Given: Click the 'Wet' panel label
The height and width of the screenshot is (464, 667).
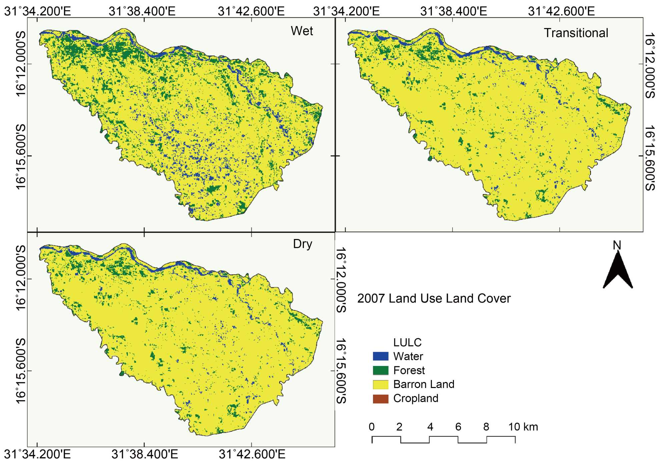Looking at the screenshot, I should point(302,31).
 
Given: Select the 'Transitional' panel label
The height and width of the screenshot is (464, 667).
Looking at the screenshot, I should point(576,33).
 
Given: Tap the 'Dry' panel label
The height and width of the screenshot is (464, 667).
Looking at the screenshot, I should point(302,244).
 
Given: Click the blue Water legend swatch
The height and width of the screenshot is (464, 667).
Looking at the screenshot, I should point(381,356).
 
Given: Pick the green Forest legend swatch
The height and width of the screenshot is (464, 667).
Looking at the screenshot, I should point(381,370).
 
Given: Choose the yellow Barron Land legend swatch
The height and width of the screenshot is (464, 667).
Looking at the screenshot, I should point(381,384).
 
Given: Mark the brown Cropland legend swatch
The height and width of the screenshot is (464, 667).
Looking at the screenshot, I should point(381,399).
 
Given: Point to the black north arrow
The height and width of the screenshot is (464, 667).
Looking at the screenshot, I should point(618,270).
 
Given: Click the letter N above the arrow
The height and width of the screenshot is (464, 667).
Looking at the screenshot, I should point(617,245).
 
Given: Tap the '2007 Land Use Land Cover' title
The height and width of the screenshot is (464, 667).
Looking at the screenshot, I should point(434,298).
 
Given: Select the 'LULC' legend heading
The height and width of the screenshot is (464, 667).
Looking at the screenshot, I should point(407,342).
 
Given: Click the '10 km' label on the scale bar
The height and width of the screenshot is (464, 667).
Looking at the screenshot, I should point(523,427).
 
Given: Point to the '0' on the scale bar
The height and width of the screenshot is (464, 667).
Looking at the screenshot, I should point(372,427).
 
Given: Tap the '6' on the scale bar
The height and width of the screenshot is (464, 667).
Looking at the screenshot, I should point(458,427).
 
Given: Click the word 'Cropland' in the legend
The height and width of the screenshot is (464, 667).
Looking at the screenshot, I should point(416,398).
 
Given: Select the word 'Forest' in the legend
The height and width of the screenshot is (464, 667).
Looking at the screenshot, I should point(409,370).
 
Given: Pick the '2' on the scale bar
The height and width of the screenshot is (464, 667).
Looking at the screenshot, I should point(399,427).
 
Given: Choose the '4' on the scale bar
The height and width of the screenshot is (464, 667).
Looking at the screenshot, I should point(430,427).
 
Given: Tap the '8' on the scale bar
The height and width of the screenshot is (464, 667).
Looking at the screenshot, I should point(486,427).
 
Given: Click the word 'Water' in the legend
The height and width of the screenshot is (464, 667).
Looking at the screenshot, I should point(408,356).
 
